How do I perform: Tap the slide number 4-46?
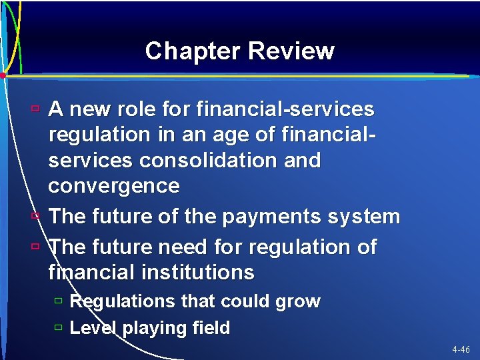(x=460, y=349)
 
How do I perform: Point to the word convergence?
(x=114, y=186)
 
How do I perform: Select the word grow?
(x=297, y=301)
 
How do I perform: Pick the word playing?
(x=149, y=328)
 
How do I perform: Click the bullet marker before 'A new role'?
(x=35, y=107)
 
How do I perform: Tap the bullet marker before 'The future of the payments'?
(x=35, y=216)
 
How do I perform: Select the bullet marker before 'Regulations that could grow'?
(x=59, y=301)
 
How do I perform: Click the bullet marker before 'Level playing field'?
(x=59, y=328)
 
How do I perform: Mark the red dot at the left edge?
(x=3, y=76)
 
